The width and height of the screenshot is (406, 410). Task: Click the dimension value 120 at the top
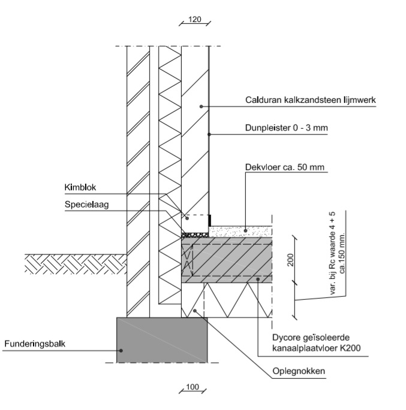[x=194, y=19]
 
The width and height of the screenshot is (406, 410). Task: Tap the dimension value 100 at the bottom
[x=192, y=387]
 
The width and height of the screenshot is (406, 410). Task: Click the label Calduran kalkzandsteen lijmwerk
[x=310, y=101]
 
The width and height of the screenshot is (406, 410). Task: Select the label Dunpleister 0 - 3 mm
[x=283, y=127]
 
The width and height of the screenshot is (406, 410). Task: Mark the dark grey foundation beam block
[x=161, y=340]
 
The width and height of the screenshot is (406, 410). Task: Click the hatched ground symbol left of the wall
[x=75, y=264]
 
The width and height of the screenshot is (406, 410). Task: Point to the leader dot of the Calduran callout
[x=202, y=107]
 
